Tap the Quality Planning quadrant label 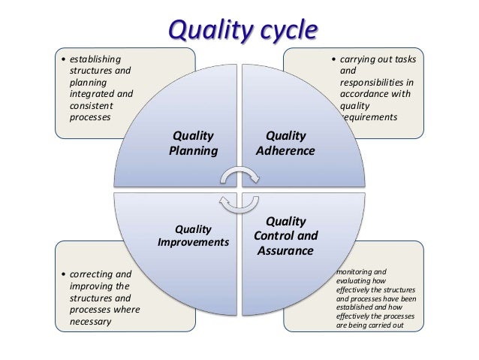tap(193, 143)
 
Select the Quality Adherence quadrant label tap(285, 143)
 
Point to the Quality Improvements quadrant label tap(193, 235)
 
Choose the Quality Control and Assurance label tap(286, 235)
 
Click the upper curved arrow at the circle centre tap(239, 175)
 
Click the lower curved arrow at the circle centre tap(239, 202)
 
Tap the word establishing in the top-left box tap(95, 59)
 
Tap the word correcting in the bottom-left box tap(92, 274)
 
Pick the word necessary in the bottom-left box tap(92, 322)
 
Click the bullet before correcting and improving tap(62, 274)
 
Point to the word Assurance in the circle tap(285, 250)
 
